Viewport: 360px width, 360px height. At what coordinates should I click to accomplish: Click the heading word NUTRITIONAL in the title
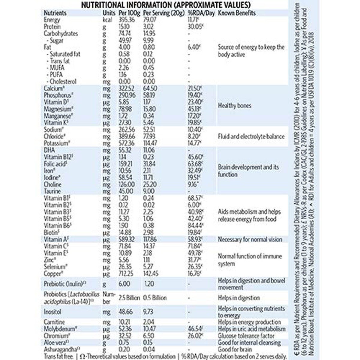coord(106,5)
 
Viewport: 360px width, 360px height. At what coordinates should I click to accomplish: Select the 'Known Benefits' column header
coord(237,13)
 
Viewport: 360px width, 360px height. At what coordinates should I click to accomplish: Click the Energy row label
coord(52,20)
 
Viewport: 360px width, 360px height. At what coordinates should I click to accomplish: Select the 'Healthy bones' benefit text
coord(234,106)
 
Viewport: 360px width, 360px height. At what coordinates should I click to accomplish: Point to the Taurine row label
coord(52,191)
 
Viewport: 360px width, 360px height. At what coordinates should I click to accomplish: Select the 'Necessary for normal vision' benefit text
coord(250,239)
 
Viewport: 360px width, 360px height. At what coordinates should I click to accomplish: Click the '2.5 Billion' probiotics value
coord(129,298)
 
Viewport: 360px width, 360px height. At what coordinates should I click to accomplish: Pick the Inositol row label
coord(53,312)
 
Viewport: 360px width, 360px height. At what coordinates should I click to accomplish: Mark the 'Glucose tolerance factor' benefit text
coord(246,336)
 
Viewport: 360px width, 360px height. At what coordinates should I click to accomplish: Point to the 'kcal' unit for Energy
coord(108,20)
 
